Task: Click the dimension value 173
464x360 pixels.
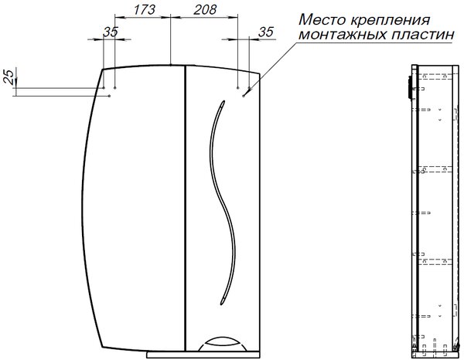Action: (144, 9)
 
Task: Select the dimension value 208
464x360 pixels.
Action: (206, 9)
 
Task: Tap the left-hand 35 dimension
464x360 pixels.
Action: (111, 32)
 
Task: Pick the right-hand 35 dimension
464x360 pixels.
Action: (266, 32)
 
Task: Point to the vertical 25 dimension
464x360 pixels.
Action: (9, 76)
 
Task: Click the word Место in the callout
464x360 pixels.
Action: (322, 20)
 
